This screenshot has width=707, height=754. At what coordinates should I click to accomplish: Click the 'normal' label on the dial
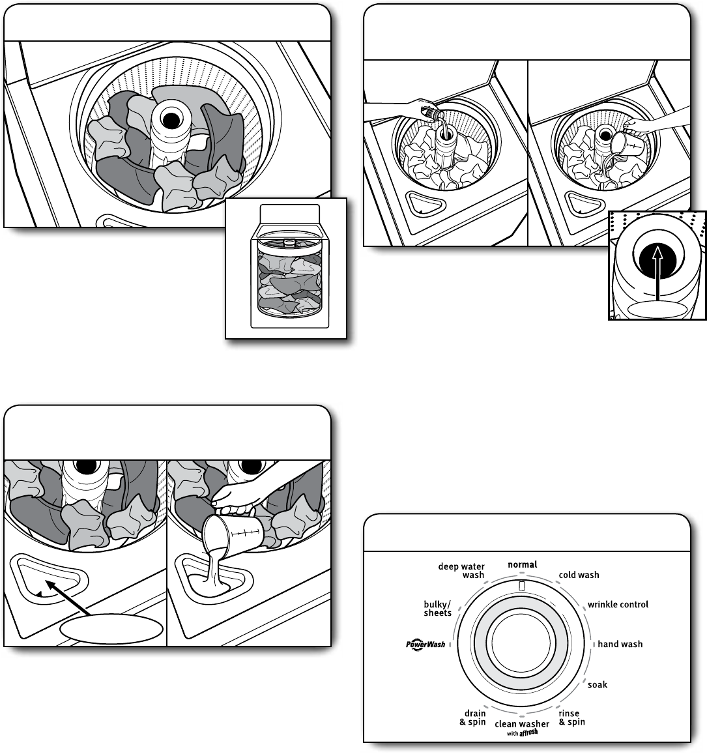pyautogui.click(x=523, y=564)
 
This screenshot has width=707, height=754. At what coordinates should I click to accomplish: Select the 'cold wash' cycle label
pyautogui.click(x=579, y=575)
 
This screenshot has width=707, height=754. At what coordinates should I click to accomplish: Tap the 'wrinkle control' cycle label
pyautogui.click(x=618, y=604)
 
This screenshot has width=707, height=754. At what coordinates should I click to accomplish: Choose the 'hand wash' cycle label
pyautogui.click(x=620, y=644)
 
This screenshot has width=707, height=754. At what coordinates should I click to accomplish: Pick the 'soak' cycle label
pyautogui.click(x=598, y=684)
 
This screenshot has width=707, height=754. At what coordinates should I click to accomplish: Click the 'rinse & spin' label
pyautogui.click(x=571, y=718)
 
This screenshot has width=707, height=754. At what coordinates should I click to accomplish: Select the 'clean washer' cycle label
pyautogui.click(x=522, y=724)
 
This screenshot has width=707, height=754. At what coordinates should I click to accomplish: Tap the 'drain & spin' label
pyautogui.click(x=473, y=718)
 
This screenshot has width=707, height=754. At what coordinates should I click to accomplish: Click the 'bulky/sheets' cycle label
pyautogui.click(x=438, y=609)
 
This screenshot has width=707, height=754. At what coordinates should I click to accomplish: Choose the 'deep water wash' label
pyautogui.click(x=462, y=570)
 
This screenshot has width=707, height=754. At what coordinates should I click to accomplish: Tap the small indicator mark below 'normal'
pyautogui.click(x=523, y=586)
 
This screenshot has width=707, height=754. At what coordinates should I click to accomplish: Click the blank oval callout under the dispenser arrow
pyautogui.click(x=111, y=630)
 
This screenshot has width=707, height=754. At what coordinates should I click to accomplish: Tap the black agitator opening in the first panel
pyautogui.click(x=171, y=120)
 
